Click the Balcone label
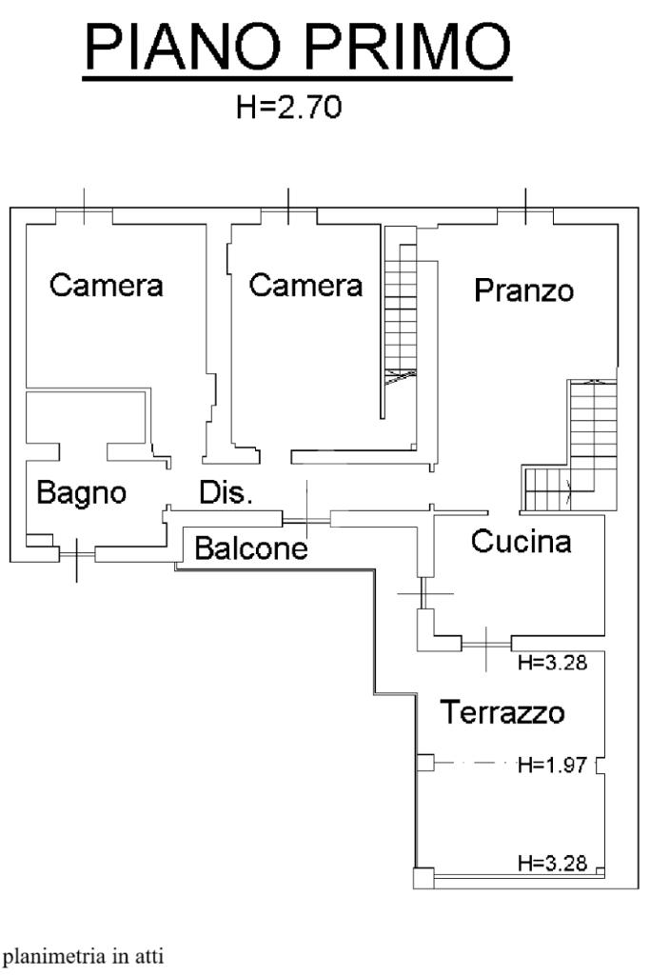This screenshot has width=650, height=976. pyautogui.click(x=251, y=549)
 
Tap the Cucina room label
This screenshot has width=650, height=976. pyautogui.click(x=522, y=542)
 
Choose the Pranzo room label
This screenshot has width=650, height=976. pyautogui.click(x=523, y=289)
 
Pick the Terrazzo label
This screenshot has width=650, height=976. pyautogui.click(x=502, y=712)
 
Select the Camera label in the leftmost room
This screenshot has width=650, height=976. pyautogui.click(x=107, y=285)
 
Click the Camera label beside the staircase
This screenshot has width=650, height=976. pyautogui.click(x=305, y=285)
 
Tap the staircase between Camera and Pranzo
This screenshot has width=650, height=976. pyautogui.click(x=400, y=314)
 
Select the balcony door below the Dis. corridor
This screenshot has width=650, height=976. pyautogui.click(x=306, y=519)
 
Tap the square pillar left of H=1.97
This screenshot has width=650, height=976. pyautogui.click(x=424, y=763)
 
